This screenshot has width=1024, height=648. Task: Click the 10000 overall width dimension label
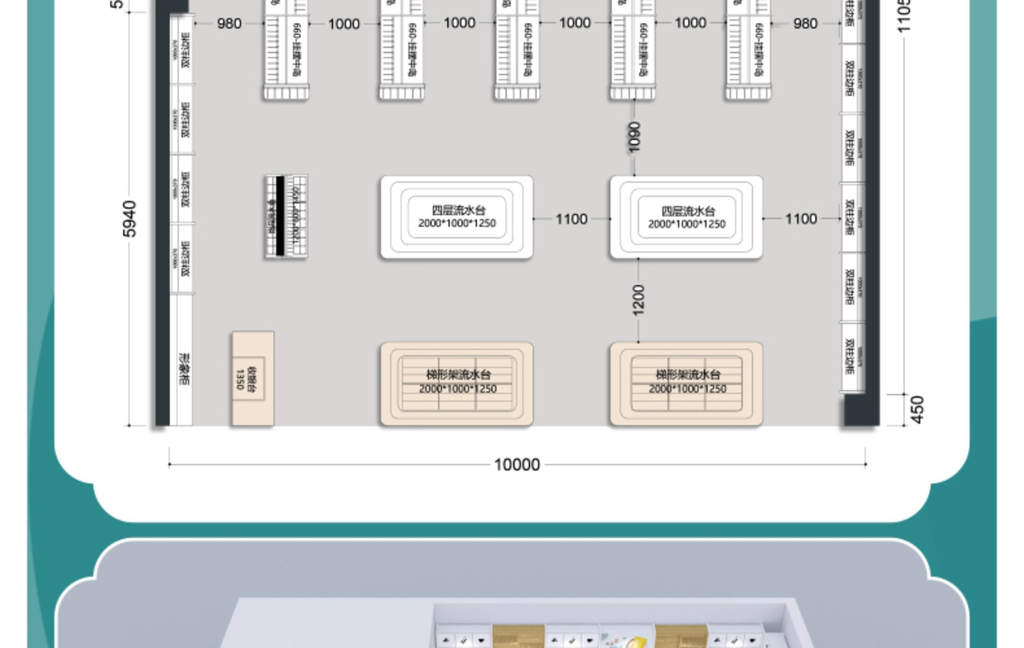point(517,465)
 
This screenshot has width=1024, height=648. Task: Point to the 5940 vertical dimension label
point(130,219)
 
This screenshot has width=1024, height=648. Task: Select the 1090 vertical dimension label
point(634,137)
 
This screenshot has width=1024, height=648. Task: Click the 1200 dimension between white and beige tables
point(638,299)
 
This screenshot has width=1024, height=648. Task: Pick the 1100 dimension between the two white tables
point(571,219)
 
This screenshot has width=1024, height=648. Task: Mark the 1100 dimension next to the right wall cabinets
point(800,219)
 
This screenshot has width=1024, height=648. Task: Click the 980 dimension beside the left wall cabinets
point(229,23)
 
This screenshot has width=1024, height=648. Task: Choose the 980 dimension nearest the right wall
point(805,23)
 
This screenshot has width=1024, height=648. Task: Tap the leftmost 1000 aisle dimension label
point(343,24)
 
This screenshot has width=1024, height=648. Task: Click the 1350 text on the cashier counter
point(240,380)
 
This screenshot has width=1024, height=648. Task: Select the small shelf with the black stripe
point(285,216)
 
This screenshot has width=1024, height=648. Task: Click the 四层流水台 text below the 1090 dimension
point(687,211)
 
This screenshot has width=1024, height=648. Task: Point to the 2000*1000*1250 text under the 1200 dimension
point(687,389)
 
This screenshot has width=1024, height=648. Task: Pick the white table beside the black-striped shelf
point(456,218)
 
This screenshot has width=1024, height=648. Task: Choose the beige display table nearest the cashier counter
point(456,384)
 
